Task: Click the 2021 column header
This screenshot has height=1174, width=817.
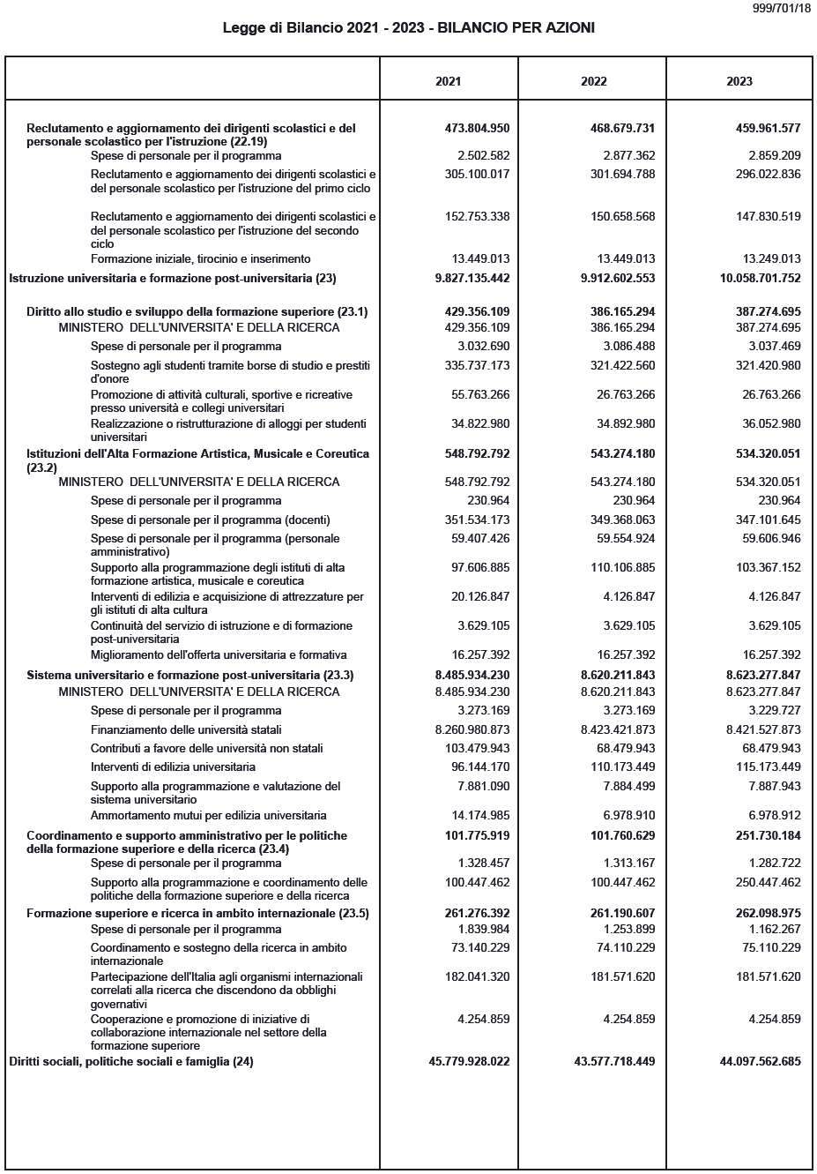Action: [x=448, y=81]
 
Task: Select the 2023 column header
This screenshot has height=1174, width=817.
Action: [x=739, y=81]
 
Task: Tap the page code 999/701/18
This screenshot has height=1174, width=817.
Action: [x=782, y=8]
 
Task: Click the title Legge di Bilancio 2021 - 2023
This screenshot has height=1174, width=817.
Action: [x=408, y=28]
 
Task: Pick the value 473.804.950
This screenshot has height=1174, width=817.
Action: [x=477, y=128]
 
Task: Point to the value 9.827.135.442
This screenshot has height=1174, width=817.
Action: [x=472, y=278]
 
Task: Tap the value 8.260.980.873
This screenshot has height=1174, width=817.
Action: [x=472, y=729]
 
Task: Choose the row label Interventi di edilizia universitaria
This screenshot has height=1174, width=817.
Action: [x=173, y=766]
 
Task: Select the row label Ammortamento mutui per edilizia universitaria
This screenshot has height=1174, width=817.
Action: [x=208, y=815]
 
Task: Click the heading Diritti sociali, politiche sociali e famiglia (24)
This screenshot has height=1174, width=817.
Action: [x=131, y=1061]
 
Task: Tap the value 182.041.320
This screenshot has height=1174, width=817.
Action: [x=477, y=976]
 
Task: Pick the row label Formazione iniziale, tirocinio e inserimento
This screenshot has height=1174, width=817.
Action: [x=200, y=258]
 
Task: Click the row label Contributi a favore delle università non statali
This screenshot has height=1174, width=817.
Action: [x=206, y=748]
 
